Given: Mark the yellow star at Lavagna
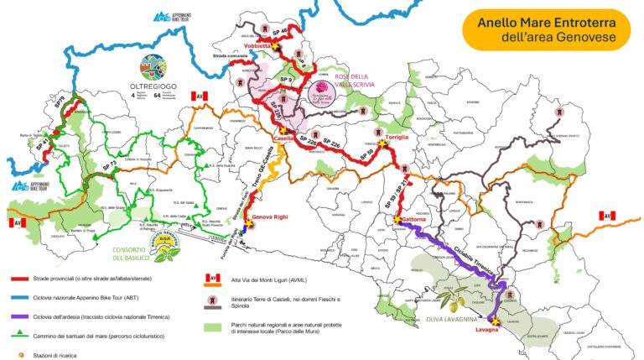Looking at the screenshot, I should point(494,321).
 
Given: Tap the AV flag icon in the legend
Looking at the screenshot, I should point(214,278).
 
